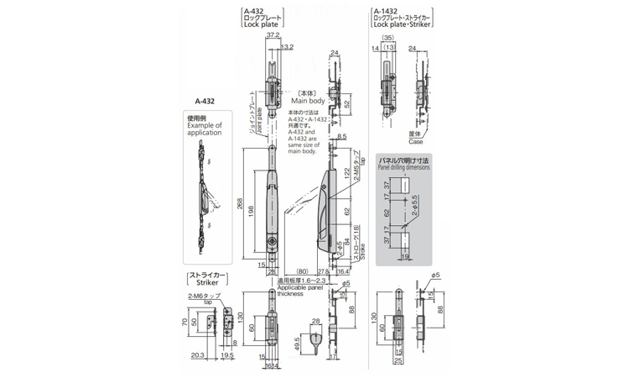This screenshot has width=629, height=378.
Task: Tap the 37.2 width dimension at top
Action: (x=273, y=36)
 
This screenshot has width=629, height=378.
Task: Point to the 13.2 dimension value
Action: (x=287, y=46)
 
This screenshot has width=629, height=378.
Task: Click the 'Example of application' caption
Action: (x=205, y=128)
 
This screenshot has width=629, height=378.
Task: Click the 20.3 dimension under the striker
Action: (x=197, y=355)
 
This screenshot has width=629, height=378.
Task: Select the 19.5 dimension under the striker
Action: (x=227, y=355)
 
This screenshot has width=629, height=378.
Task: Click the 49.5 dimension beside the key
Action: (x=298, y=344)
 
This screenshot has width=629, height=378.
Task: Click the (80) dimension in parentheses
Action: (x=301, y=270)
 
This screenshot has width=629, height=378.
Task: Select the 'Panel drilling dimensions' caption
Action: (x=403, y=167)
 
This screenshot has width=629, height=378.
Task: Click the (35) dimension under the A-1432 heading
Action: (x=388, y=38)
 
